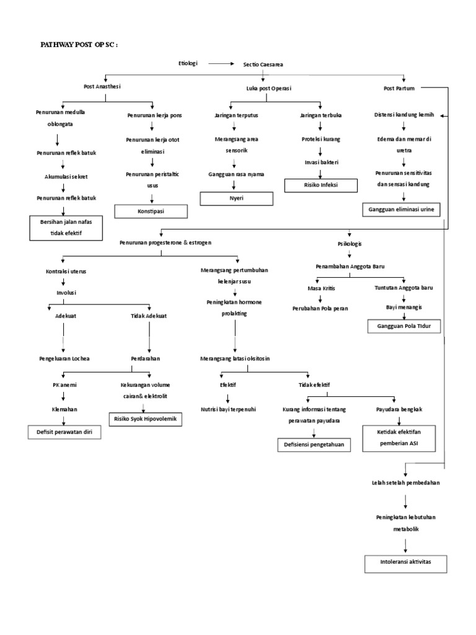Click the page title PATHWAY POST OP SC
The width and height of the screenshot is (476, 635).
pyautogui.click(x=79, y=45)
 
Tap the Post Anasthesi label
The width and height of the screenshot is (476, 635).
pyautogui.click(x=102, y=86)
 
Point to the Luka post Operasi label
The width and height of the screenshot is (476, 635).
pyautogui.click(x=268, y=89)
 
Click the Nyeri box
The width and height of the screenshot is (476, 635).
pyautogui.click(x=236, y=198)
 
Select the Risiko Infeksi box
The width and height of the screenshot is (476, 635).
pyautogui.click(x=320, y=185)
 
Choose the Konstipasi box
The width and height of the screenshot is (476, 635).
pyautogui.click(x=151, y=211)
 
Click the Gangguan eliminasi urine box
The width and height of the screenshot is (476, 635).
pyautogui.click(x=401, y=210)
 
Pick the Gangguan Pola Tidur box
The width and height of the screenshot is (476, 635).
pyautogui.click(x=404, y=326)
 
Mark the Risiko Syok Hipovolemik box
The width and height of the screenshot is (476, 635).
pyautogui.click(x=145, y=420)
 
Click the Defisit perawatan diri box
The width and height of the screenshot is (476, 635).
pyautogui.click(x=64, y=432)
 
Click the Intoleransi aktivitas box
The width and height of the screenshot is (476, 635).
pyautogui.click(x=405, y=564)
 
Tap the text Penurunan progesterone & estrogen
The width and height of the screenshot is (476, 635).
pyautogui.click(x=165, y=242)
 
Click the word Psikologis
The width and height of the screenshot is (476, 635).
pyautogui.click(x=350, y=245)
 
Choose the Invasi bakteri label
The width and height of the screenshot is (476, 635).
pyautogui.click(x=320, y=162)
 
